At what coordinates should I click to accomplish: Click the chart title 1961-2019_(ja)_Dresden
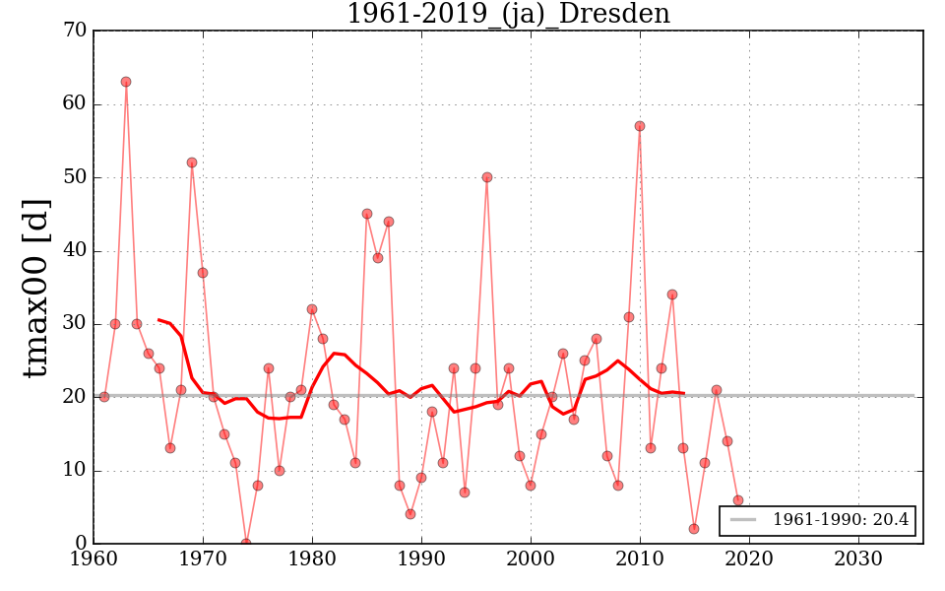508,15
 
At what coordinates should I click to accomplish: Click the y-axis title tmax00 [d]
36,288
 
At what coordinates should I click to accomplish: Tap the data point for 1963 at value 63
126,82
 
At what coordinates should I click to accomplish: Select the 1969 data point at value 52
192,163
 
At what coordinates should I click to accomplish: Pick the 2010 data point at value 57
640,126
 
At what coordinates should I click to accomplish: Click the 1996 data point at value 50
487,177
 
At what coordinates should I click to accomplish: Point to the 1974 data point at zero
246,543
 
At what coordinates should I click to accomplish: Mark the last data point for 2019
738,500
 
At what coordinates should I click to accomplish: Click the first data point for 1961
104,397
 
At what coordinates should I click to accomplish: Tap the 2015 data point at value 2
694,529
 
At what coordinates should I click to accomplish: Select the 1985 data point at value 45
367,214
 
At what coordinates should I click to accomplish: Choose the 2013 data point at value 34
672,295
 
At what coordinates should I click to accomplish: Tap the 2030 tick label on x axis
857,558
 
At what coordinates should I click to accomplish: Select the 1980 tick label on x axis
312,558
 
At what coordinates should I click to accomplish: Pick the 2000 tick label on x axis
531,558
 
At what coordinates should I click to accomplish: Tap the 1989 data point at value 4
410,514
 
